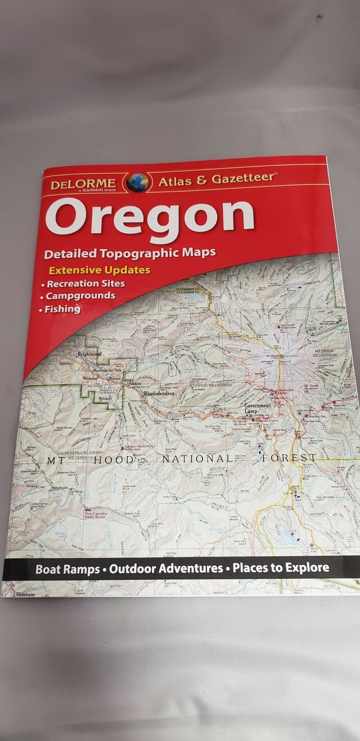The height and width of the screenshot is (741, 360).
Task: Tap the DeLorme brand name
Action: click(x=83, y=184)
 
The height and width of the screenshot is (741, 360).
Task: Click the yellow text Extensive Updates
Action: click(x=100, y=270)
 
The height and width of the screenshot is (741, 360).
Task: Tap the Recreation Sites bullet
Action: click(x=85, y=283)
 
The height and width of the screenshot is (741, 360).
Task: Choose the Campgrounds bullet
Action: click(x=80, y=296)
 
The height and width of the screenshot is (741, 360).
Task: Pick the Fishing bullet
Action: click(x=62, y=309)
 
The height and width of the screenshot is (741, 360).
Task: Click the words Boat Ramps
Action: click(x=68, y=569)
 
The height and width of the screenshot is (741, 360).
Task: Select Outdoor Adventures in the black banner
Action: click(x=166, y=568)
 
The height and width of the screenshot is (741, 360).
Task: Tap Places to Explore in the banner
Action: click(x=281, y=567)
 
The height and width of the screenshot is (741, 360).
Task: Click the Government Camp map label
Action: click(x=257, y=408)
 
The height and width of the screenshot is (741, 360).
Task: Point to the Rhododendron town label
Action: click(x=158, y=393)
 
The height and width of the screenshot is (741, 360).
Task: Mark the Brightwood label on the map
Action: click(x=89, y=354)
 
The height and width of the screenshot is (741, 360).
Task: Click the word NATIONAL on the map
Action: click(x=197, y=459)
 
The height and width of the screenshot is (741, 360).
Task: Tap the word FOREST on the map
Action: click(x=289, y=458)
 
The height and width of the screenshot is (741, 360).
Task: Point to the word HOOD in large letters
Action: click(x=114, y=460)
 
